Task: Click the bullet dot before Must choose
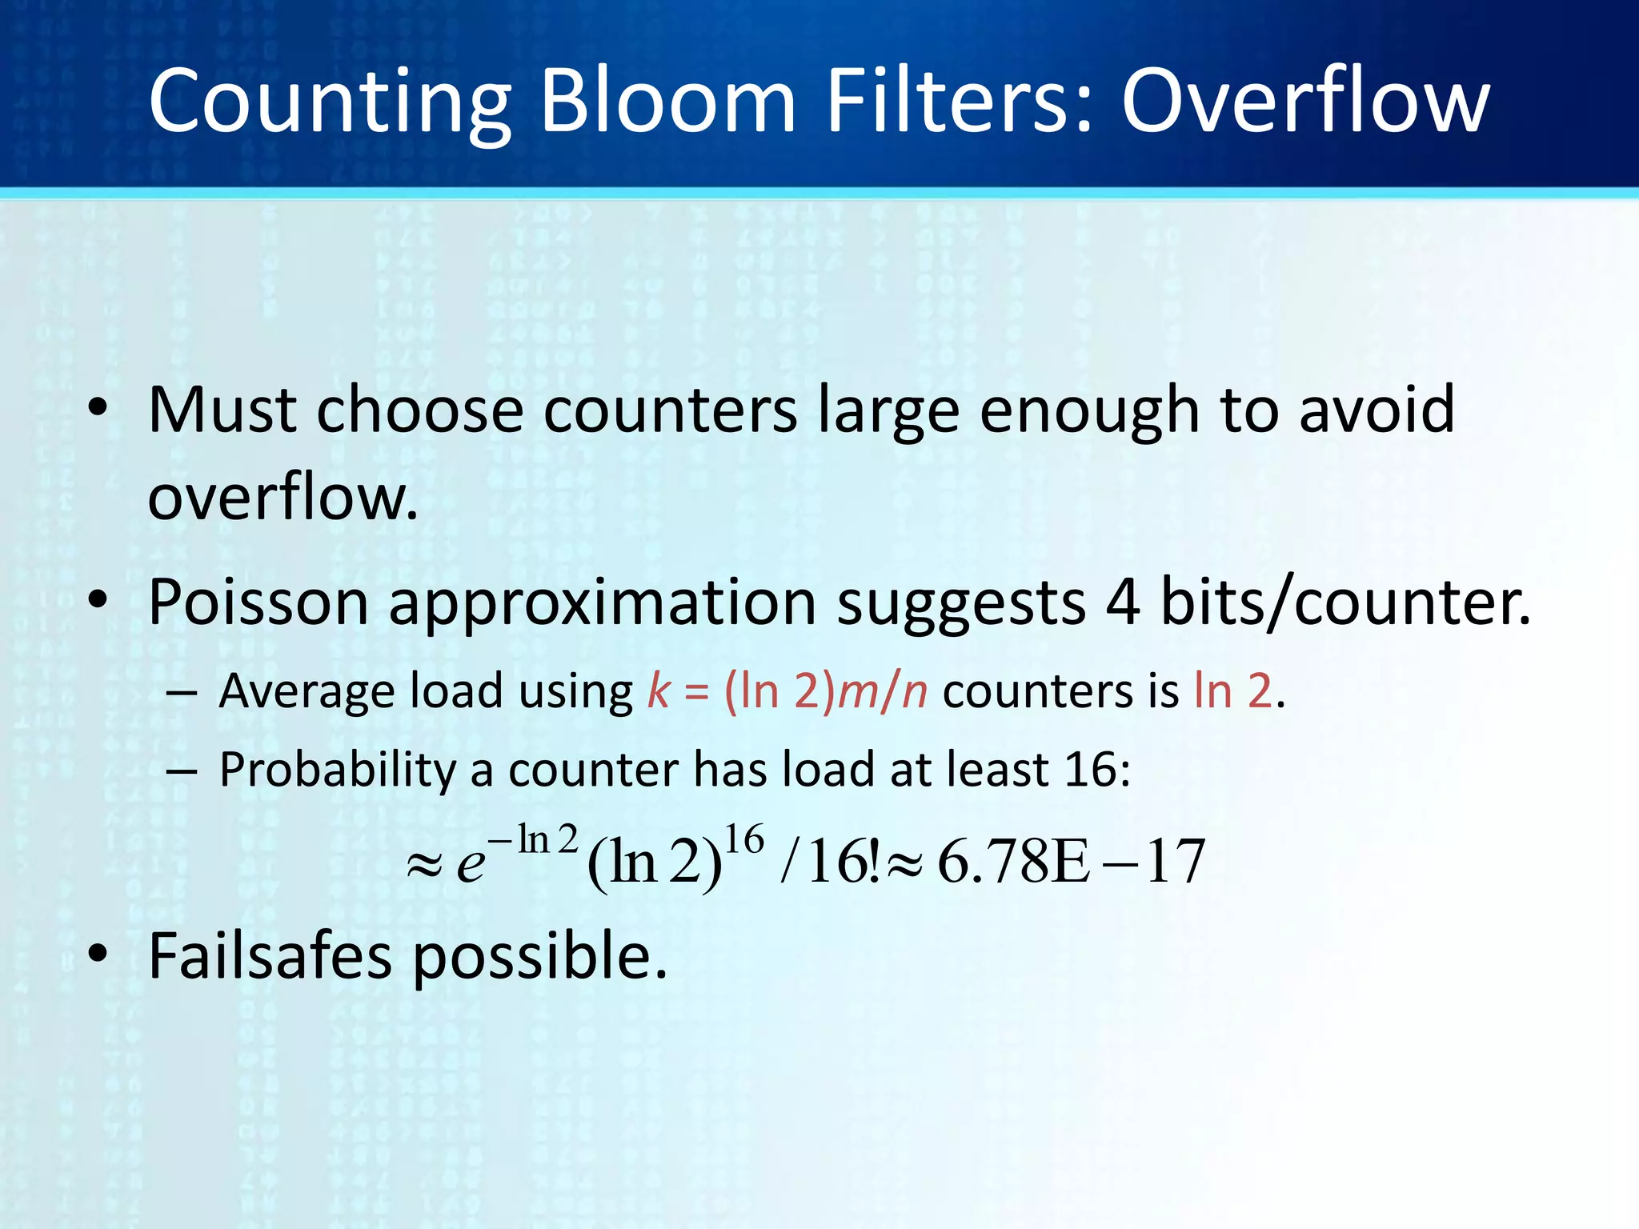(x=98, y=407)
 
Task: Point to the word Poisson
(x=258, y=602)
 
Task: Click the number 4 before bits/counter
(x=1122, y=602)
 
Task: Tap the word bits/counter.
(x=1344, y=602)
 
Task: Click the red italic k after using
(x=658, y=690)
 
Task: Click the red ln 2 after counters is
(x=1232, y=690)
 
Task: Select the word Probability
(x=337, y=771)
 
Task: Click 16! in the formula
(x=844, y=862)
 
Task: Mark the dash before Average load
(x=182, y=692)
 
